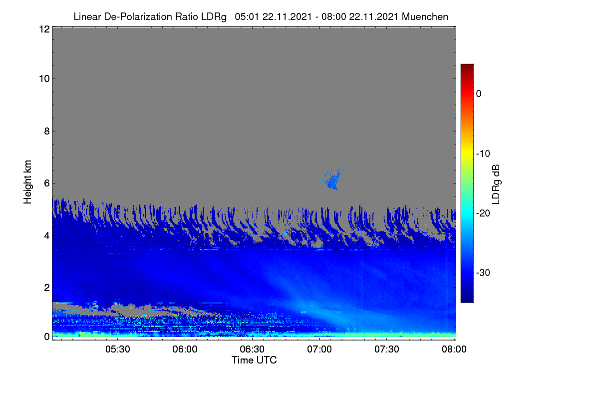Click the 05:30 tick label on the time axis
point(118,349)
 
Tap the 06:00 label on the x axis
point(185,349)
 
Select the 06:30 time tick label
point(252,349)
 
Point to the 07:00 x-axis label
point(319,349)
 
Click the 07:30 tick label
point(387,349)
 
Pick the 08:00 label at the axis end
point(454,349)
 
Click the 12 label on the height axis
point(44,29)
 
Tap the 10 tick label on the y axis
point(44,79)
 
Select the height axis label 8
point(47,131)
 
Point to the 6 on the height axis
point(47,183)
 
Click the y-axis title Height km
point(27,182)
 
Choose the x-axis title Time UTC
point(254,360)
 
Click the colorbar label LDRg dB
point(496,184)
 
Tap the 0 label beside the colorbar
point(479,94)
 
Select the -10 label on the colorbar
point(483,154)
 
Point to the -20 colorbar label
point(483,213)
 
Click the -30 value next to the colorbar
point(483,272)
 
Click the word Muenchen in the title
point(425,16)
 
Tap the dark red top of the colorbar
point(467,67)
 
